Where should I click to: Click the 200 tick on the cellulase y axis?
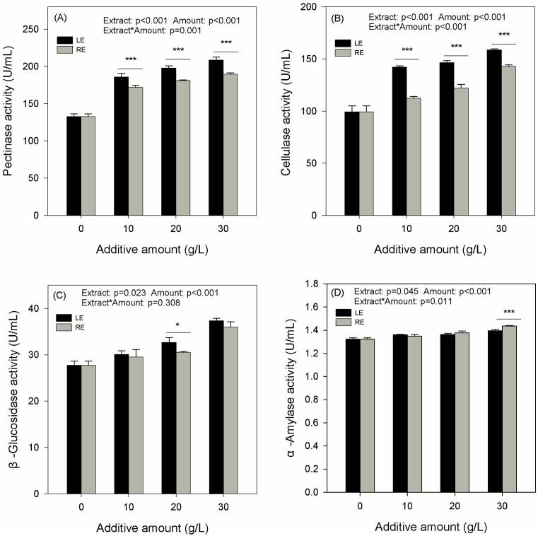tap(317, 7)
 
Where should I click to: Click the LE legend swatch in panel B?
tap(345, 42)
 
